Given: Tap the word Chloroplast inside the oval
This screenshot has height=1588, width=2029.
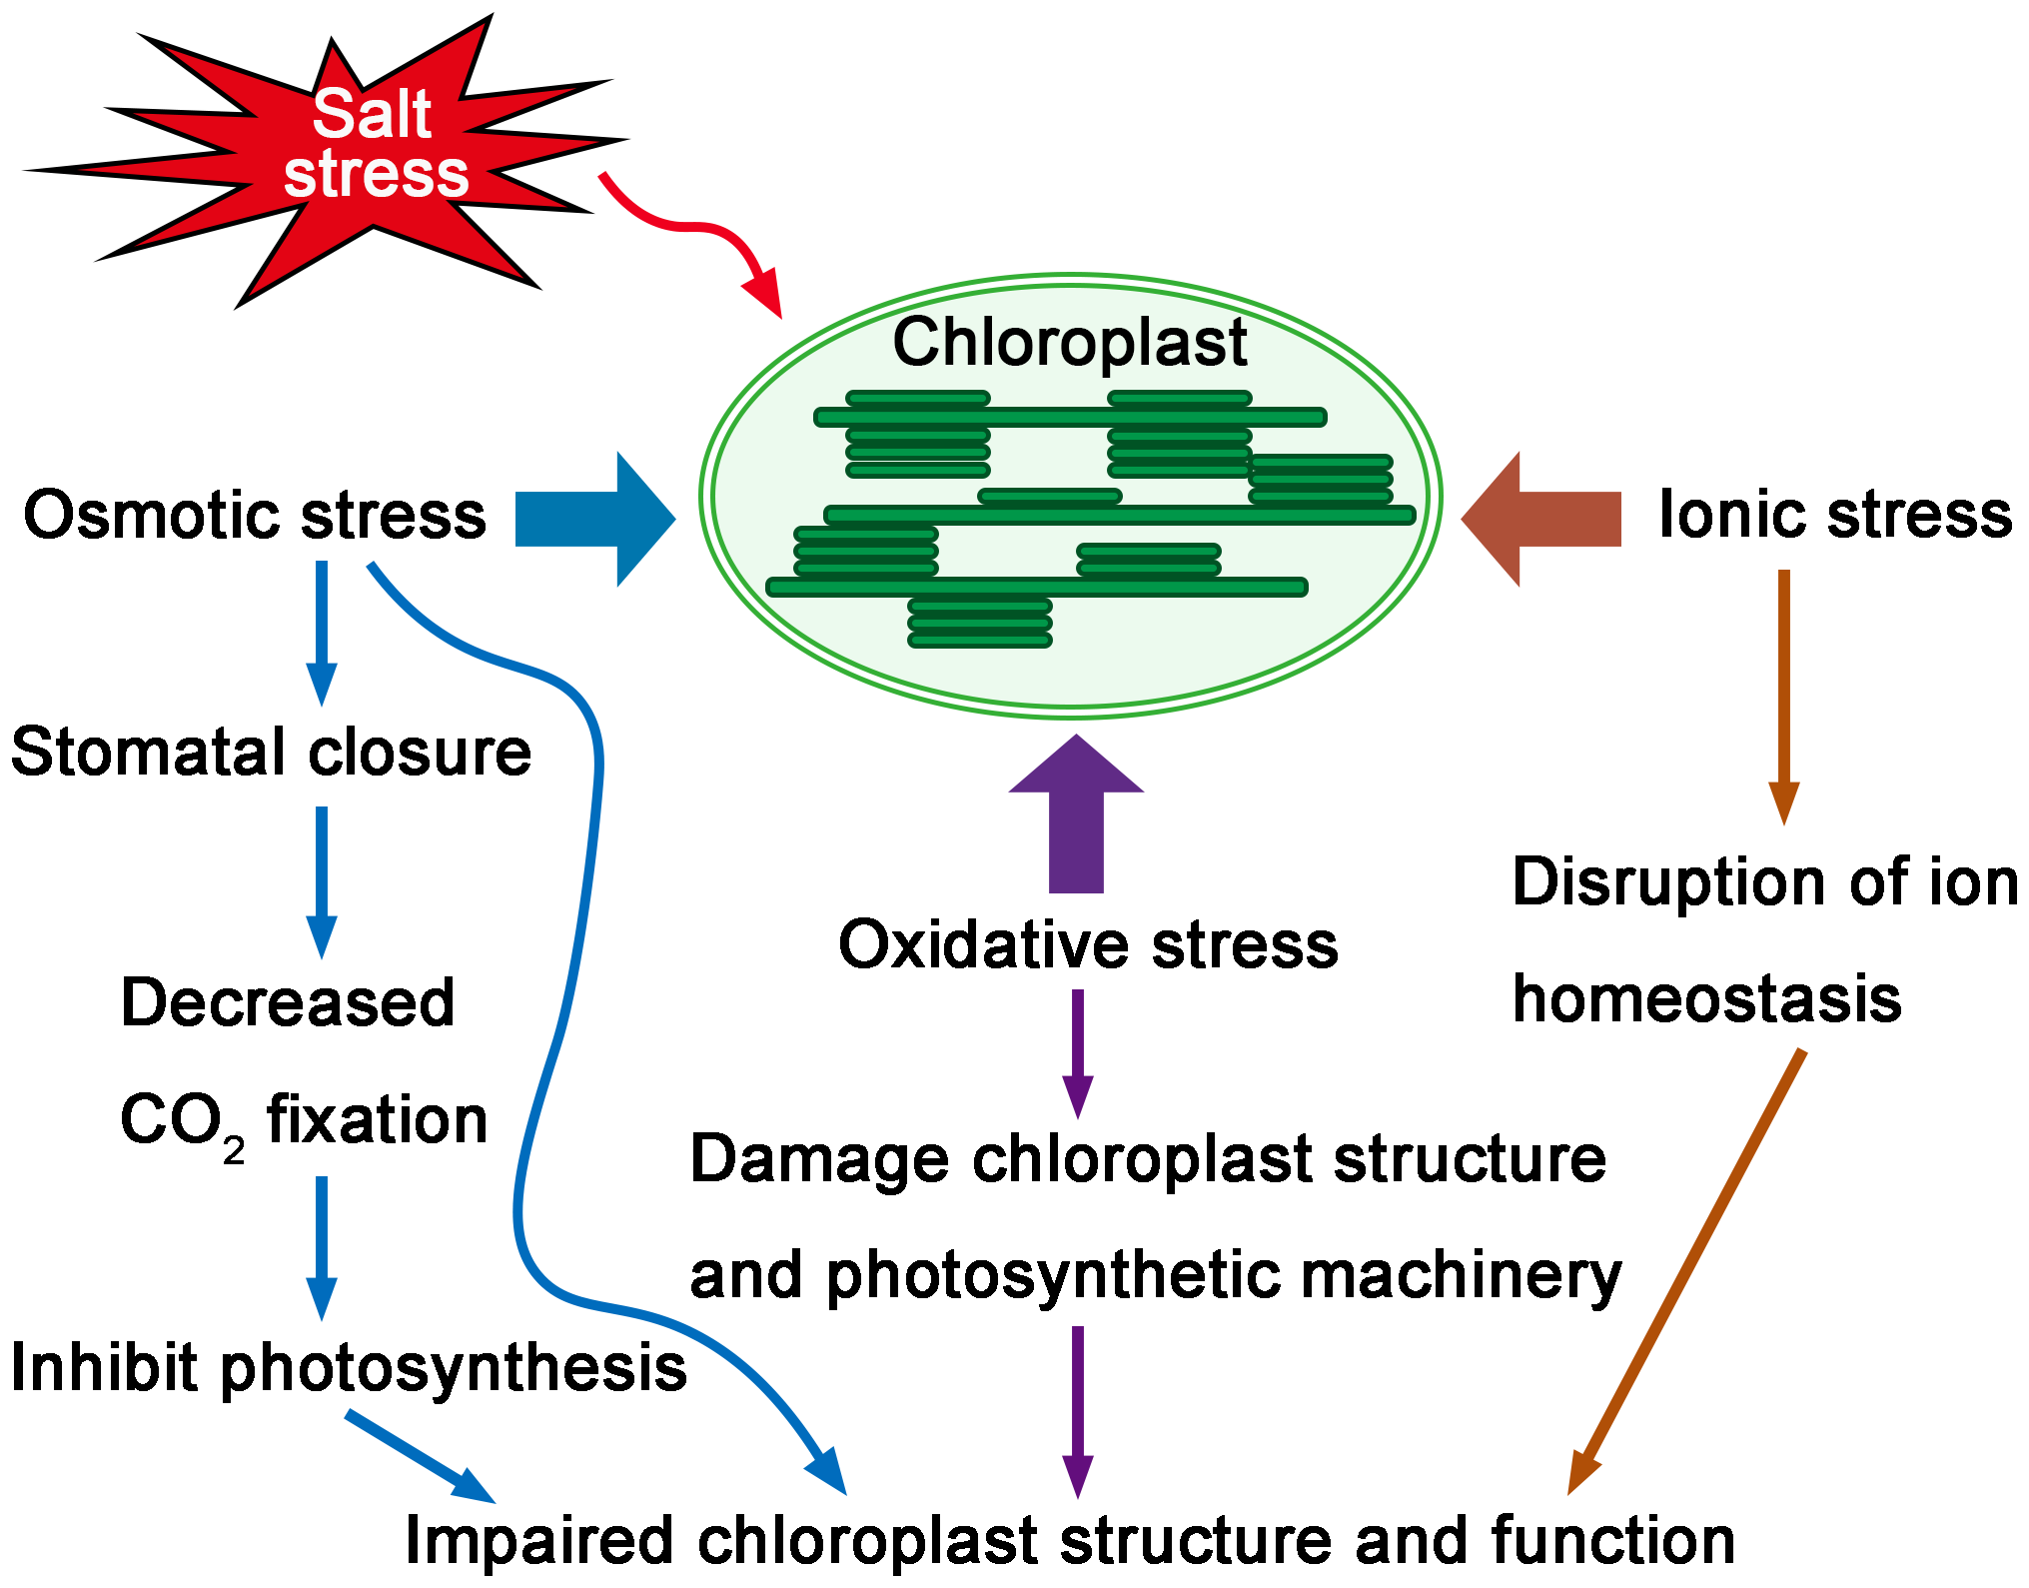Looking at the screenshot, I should coord(1069,343).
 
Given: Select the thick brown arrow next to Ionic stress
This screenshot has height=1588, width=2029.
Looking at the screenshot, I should coord(1543,519).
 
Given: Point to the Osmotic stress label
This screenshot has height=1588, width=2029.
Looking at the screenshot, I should coord(255,516).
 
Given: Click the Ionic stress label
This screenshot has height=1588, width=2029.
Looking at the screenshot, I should coord(1834,516).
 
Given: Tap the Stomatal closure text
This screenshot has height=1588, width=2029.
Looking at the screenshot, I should coord(271,753).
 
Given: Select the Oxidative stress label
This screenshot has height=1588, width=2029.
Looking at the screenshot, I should coord(1087,944).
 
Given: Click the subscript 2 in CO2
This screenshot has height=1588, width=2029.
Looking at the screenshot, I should coord(234,1152).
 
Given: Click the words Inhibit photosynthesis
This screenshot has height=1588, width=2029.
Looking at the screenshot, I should coord(348,1368).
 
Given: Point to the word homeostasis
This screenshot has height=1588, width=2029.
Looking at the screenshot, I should coord(1705,999).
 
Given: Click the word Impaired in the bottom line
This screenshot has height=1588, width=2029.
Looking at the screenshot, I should coord(538,1540).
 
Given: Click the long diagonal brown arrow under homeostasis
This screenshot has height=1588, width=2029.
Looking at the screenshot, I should coord(1688,1269).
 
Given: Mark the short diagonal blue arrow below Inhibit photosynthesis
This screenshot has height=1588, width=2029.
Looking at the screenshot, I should coord(420,1455).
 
